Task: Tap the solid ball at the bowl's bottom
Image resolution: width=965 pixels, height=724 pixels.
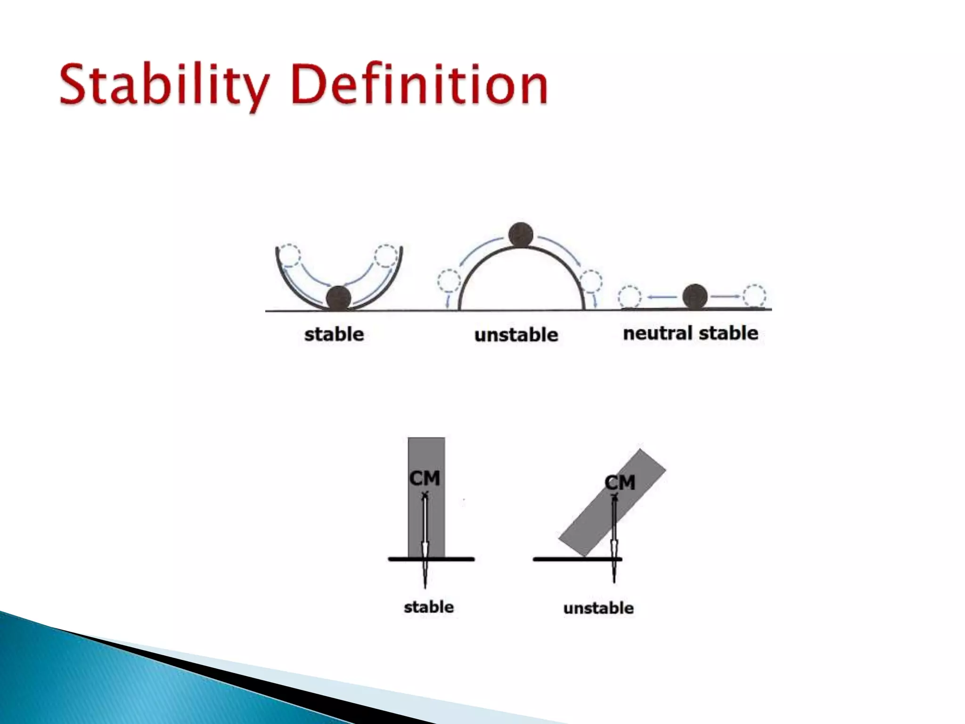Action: click(339, 298)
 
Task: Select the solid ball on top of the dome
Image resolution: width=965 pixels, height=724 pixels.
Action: click(521, 235)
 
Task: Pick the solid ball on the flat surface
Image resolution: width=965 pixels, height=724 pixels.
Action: click(695, 296)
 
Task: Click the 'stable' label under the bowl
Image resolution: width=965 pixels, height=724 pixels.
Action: click(334, 334)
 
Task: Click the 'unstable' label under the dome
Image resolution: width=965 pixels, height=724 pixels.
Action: click(516, 335)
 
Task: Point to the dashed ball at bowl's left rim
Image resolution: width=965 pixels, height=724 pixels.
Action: click(288, 255)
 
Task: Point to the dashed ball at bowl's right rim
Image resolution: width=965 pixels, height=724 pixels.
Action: click(386, 256)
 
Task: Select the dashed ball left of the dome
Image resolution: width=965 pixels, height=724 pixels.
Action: click(449, 281)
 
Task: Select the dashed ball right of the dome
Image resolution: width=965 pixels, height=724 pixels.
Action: click(590, 281)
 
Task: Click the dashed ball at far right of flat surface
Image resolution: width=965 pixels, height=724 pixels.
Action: click(754, 296)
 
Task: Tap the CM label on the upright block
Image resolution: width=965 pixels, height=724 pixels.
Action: click(425, 478)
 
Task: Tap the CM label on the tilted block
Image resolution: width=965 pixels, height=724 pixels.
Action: click(620, 483)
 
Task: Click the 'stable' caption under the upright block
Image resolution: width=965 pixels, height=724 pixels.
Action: click(429, 607)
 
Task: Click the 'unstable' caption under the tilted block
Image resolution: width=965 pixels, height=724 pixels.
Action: click(598, 608)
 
